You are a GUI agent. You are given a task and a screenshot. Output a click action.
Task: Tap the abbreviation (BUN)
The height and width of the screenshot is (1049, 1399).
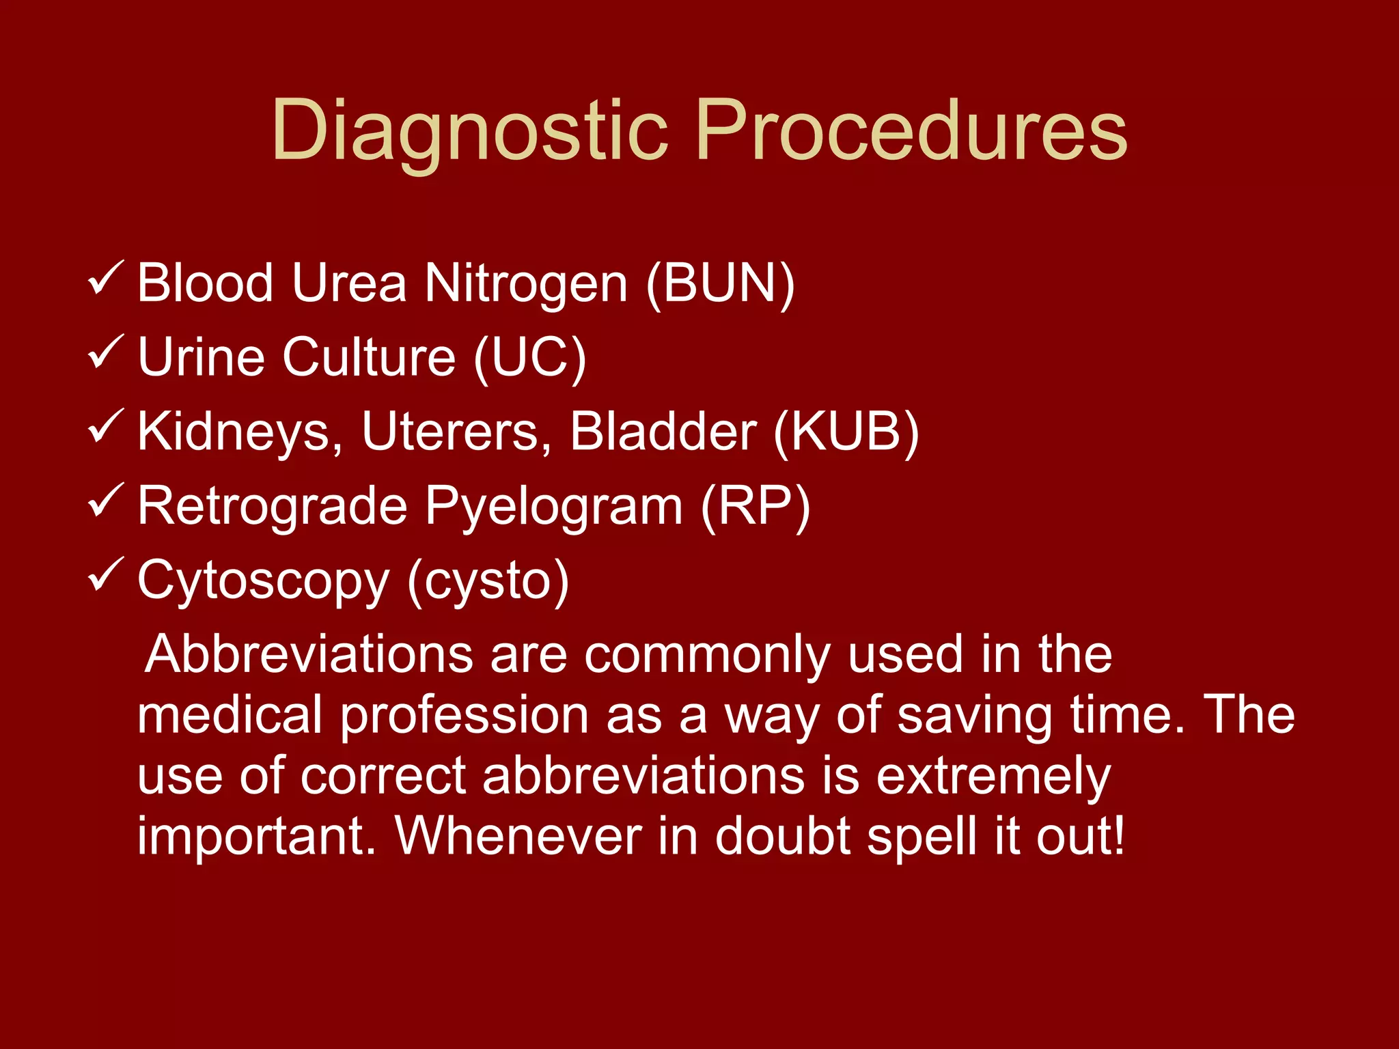click(720, 283)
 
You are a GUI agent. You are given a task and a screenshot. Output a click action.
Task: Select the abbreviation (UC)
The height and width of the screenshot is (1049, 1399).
click(529, 357)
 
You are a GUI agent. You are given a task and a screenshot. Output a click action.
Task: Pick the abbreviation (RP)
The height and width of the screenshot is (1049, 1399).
click(756, 506)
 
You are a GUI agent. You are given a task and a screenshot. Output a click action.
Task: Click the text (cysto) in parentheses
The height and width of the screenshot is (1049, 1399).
click(488, 581)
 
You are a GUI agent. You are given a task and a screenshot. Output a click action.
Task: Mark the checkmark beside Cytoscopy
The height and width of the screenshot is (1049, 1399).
click(105, 575)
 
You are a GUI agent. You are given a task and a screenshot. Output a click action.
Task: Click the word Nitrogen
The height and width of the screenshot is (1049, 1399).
click(525, 283)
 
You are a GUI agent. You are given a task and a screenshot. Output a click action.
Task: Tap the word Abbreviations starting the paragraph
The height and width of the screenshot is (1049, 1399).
click(309, 654)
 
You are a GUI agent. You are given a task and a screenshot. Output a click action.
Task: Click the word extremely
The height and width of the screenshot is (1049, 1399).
click(993, 777)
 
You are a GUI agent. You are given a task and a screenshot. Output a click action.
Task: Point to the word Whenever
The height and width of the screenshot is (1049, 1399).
click(518, 836)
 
